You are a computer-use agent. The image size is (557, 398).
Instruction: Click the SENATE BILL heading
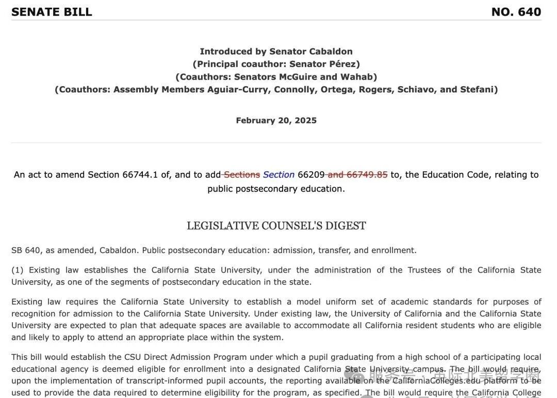pyautogui.click(x=52, y=12)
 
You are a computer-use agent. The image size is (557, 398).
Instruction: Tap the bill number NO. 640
pyautogui.click(x=516, y=12)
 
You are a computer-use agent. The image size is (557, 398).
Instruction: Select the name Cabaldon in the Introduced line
pyautogui.click(x=331, y=51)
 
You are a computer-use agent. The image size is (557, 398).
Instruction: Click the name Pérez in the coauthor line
pyautogui.click(x=342, y=64)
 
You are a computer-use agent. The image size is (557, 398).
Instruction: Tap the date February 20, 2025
pyautogui.click(x=276, y=120)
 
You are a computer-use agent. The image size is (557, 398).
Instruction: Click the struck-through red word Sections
pyautogui.click(x=241, y=174)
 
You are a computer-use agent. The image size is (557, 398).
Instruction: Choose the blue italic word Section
pyautogui.click(x=278, y=174)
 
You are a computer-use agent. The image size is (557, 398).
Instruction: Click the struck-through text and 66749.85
pyautogui.click(x=357, y=174)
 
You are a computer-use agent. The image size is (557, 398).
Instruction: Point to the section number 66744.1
pyautogui.click(x=140, y=174)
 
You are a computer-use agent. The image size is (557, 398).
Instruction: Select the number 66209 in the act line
pyautogui.click(x=311, y=174)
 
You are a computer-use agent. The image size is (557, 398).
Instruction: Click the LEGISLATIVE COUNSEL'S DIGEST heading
pyautogui.click(x=276, y=226)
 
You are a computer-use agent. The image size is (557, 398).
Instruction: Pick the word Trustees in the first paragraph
pyautogui.click(x=424, y=270)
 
